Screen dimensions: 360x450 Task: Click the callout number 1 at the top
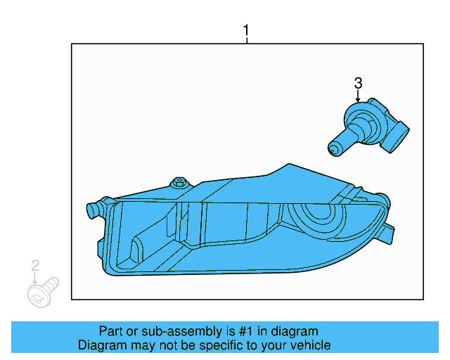click(246, 31)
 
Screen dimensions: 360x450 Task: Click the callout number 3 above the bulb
click(358, 84)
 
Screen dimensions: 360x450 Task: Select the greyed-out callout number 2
click(34, 265)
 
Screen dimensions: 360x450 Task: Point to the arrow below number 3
click(358, 97)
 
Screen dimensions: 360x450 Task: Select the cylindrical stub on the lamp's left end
click(91, 209)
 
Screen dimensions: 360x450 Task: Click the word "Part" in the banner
click(111, 331)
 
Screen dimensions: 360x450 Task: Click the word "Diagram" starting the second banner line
click(101, 345)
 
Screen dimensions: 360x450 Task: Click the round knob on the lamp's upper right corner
click(381, 199)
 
